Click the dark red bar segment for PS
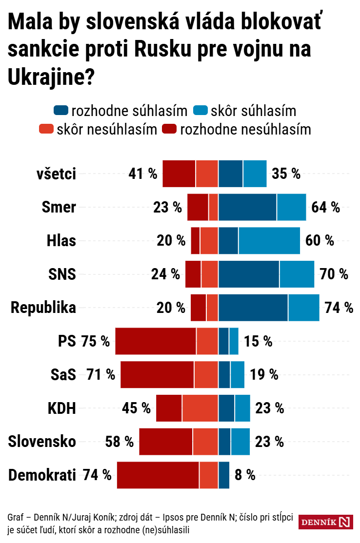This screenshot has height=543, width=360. tap(156, 341)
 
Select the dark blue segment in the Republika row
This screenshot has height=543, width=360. tap(253, 308)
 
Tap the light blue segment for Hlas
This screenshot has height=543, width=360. tap(269, 240)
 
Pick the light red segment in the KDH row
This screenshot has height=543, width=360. tap(200, 408)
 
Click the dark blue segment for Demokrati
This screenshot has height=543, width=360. tap(223, 475)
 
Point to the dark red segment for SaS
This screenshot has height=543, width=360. tap(157, 374)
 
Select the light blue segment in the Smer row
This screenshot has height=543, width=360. tap(291, 207)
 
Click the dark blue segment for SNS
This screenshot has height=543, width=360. tap(249, 274)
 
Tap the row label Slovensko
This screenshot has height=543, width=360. tap(42, 442)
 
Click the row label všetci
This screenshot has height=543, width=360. tap(57, 174)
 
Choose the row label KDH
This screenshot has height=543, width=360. tap(61, 408)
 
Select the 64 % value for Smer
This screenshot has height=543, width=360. tap(325, 207)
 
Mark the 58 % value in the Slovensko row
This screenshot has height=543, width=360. tap(119, 442)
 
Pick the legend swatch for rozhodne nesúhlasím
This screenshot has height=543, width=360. tap(170, 130)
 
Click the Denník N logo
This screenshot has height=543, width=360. tap(325, 522)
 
